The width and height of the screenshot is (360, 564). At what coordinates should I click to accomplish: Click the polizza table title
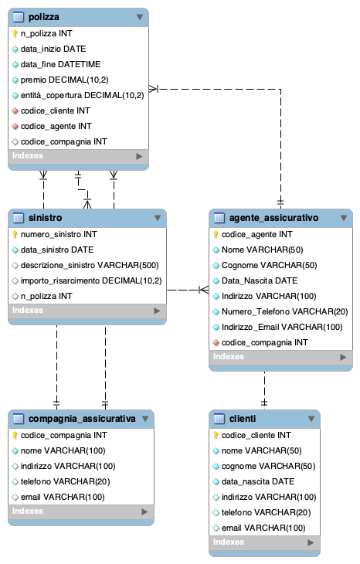(43, 17)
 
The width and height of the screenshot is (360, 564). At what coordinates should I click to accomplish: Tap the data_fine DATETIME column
(60, 64)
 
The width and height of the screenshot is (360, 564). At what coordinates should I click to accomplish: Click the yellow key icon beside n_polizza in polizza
(15, 33)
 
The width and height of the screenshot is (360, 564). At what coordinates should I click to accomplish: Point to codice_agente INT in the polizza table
(56, 126)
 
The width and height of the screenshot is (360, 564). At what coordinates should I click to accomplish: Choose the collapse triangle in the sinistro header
(158, 218)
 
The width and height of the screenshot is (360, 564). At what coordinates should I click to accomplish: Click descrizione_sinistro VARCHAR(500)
(90, 265)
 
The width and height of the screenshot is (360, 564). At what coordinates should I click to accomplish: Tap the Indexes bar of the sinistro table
(87, 311)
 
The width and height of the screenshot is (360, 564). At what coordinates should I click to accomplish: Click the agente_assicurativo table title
(273, 218)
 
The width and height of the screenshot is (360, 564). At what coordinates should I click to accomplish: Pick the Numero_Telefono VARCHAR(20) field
(284, 311)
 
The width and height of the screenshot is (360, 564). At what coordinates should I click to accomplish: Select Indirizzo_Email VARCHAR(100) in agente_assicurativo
(282, 327)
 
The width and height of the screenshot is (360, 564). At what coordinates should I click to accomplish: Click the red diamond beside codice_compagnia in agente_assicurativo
(216, 343)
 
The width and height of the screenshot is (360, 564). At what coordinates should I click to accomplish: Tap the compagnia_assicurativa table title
(82, 419)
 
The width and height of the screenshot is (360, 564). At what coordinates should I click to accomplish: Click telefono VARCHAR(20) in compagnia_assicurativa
(65, 481)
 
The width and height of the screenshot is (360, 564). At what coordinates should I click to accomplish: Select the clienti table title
(243, 419)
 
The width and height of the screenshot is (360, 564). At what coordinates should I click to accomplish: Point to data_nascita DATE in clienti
(258, 481)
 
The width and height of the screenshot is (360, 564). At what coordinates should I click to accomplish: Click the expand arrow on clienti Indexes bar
(311, 542)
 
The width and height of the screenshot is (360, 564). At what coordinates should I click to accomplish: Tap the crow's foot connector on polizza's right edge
(154, 89)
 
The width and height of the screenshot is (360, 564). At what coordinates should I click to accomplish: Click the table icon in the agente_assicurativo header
(219, 218)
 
